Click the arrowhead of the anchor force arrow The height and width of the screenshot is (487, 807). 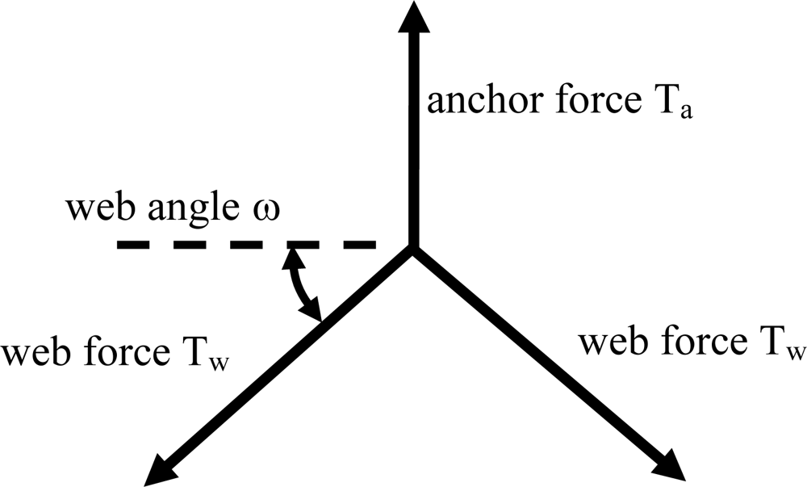412,18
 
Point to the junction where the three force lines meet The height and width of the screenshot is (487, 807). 412,249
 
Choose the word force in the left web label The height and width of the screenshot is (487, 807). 127,353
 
